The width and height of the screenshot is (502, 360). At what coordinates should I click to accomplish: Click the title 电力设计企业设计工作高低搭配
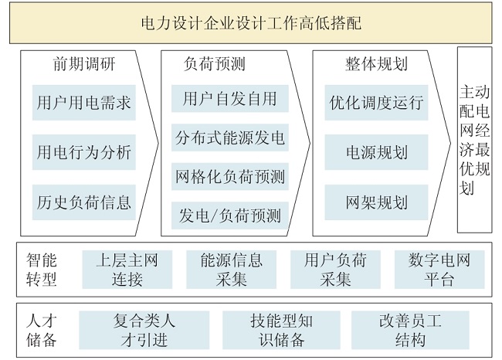pos(251,23)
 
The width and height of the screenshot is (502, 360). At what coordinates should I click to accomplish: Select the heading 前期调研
pos(84,64)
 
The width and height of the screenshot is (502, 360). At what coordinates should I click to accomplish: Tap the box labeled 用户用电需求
pos(84,103)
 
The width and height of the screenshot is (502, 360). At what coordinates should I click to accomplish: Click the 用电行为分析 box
pos(84,152)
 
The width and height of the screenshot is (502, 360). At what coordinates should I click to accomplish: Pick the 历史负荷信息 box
pos(84,202)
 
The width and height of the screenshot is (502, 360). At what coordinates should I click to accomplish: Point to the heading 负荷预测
pos(215,64)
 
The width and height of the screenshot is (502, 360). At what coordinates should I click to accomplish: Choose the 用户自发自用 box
pos(230,98)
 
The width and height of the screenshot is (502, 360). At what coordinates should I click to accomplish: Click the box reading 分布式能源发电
pos(230,138)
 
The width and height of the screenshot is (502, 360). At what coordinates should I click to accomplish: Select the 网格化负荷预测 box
pos(230,176)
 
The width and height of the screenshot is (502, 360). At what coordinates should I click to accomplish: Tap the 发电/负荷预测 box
pos(230,216)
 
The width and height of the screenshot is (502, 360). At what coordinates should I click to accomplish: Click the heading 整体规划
pos(376,64)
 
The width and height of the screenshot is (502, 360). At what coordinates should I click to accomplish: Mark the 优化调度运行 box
pos(376,103)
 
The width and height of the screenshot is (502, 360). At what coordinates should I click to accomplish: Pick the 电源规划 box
pos(376,152)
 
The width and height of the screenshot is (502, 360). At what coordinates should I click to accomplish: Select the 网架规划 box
pos(376,202)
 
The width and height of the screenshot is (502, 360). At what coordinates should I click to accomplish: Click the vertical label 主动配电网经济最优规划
pos(474,140)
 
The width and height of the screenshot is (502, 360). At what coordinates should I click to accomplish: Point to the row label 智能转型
pos(41,270)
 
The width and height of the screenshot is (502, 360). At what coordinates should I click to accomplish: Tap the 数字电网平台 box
pos(439,270)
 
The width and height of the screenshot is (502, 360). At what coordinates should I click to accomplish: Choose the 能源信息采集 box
pos(231,270)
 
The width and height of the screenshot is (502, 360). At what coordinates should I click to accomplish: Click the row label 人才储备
pos(41,330)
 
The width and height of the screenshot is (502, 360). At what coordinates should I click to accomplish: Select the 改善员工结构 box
pos(410,330)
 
